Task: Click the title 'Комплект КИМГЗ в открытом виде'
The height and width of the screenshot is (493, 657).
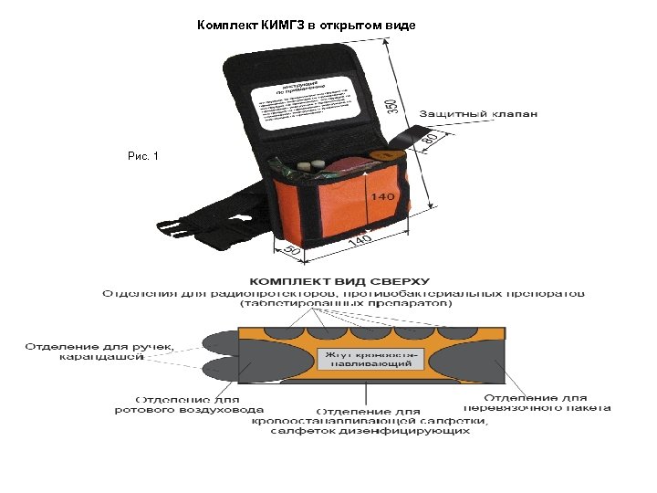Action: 307,25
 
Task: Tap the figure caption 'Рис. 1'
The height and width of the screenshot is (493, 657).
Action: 143,156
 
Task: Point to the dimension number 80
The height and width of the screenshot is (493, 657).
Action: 433,138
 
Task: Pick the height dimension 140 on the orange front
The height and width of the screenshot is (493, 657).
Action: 382,196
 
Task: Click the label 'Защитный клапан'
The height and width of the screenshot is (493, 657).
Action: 478,114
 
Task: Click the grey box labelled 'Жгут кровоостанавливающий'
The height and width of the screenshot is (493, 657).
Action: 369,357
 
